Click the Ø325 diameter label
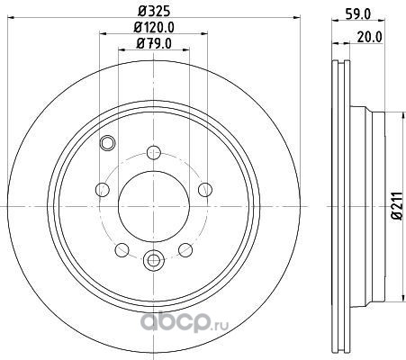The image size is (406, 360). (x=154, y=11)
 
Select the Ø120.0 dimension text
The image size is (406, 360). (x=154, y=28)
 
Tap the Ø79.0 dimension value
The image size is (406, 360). (x=154, y=44)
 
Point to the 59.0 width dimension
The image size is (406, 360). (x=357, y=13)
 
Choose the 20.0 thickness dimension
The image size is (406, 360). (x=370, y=37)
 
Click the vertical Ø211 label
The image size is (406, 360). (x=397, y=206)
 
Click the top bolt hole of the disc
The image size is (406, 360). (x=154, y=153)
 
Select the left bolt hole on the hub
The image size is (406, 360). (x=103, y=190)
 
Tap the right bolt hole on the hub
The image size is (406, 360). (x=205, y=190)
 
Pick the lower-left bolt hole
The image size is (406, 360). (x=122, y=250)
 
